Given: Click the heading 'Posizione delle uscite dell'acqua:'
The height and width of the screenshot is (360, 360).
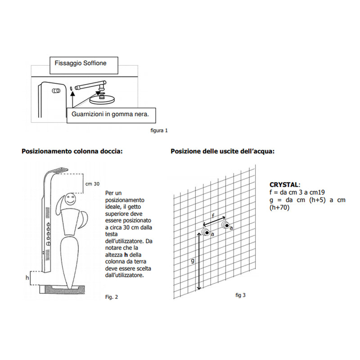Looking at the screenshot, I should click(x=222, y=152).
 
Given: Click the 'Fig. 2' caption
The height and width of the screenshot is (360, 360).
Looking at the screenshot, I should click(x=111, y=297).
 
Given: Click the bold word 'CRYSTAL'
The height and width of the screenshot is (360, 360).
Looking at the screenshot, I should click(x=284, y=185).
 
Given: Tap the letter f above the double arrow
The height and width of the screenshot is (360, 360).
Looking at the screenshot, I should click(x=213, y=216).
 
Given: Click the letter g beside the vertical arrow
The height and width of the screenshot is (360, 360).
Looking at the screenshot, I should click(x=193, y=260).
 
